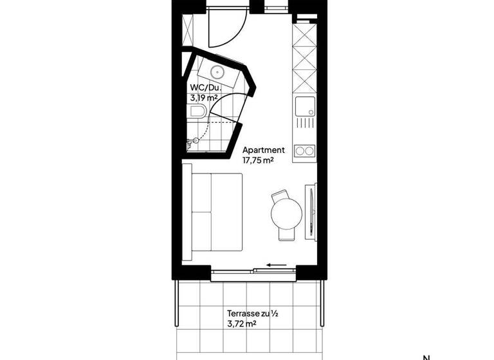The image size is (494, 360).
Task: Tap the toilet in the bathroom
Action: pyautogui.click(x=197, y=114)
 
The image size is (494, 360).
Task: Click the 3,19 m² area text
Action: pyautogui.click(x=203, y=98)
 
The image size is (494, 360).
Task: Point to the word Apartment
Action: pyautogui.click(x=263, y=150)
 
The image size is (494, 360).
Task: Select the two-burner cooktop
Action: pyautogui.click(x=304, y=151)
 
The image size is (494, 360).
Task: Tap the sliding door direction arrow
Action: pyautogui.click(x=277, y=264)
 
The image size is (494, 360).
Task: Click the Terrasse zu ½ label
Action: pyautogui.click(x=252, y=314)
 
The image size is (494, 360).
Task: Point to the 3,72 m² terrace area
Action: pyautogui.click(x=242, y=324)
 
